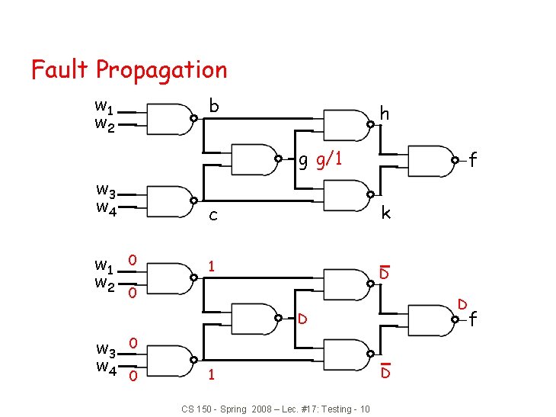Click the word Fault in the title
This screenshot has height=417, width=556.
[61, 69]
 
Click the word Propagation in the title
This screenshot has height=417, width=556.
[161, 71]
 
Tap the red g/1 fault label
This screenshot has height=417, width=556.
[328, 161]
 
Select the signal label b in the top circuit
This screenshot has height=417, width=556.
[214, 106]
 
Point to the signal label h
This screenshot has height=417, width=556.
[385, 114]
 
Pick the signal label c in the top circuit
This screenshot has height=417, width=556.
[213, 216]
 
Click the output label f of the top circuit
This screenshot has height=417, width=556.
[473, 160]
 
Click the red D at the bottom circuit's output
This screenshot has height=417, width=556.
[461, 305]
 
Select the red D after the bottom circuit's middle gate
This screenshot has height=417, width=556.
[302, 317]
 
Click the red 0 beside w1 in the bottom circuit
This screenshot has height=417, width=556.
[133, 261]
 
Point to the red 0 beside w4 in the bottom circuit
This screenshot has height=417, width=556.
[133, 376]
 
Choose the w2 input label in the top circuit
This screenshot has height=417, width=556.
[105, 127]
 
